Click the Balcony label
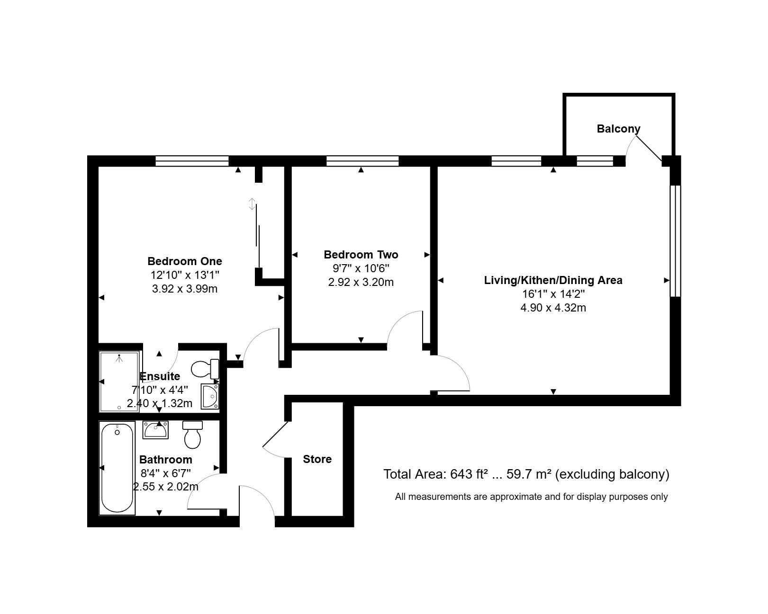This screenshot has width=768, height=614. (618, 129)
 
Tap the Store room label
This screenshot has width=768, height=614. (317, 459)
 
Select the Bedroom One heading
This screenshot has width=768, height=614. (184, 261)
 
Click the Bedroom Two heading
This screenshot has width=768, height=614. (361, 255)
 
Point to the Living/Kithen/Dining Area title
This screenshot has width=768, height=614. (553, 280)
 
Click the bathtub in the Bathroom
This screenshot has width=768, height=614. (117, 468)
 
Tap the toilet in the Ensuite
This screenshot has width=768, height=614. (205, 369)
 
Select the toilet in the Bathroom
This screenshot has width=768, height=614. (192, 435)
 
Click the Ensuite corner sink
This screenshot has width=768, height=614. (210, 396)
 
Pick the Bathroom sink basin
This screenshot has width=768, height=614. (155, 430)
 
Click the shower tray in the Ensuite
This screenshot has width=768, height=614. (119, 382)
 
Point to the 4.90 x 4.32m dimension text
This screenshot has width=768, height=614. (553, 307)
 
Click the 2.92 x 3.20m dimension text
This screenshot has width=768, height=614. (361, 282)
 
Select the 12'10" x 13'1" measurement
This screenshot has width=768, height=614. (184, 275)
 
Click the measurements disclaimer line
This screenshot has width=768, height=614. (531, 497)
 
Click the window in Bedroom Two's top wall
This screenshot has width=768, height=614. (362, 161)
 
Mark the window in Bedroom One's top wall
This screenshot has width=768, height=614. (192, 161)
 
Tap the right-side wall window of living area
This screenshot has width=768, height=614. (675, 241)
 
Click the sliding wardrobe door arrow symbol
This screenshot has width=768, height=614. (252, 204)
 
